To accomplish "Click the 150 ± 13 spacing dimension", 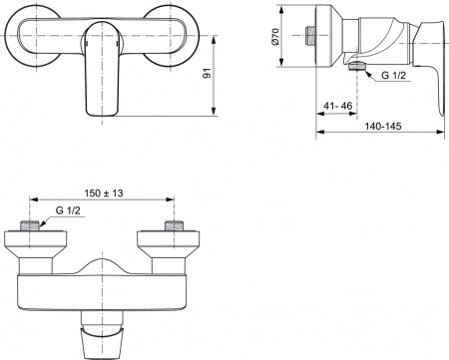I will (106, 193).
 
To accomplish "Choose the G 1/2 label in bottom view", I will (67, 210).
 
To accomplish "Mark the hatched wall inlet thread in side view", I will (309, 33).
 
